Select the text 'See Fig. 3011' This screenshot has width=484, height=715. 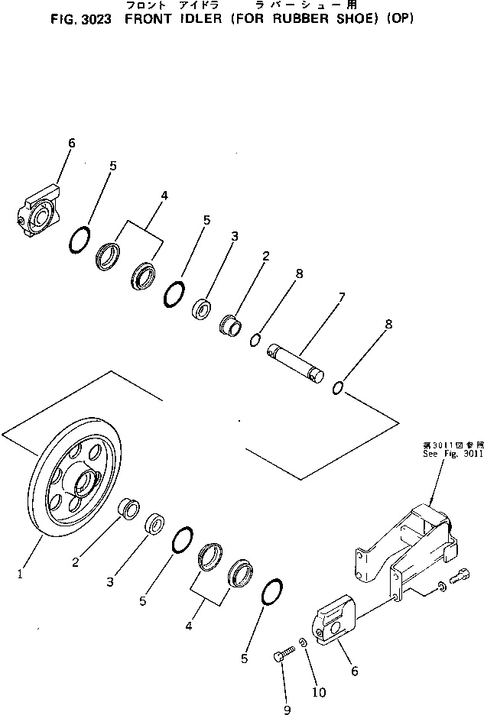(453, 452)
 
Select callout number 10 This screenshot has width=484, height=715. (319, 693)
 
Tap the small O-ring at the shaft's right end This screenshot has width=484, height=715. (338, 390)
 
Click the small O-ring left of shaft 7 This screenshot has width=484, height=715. (257, 339)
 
